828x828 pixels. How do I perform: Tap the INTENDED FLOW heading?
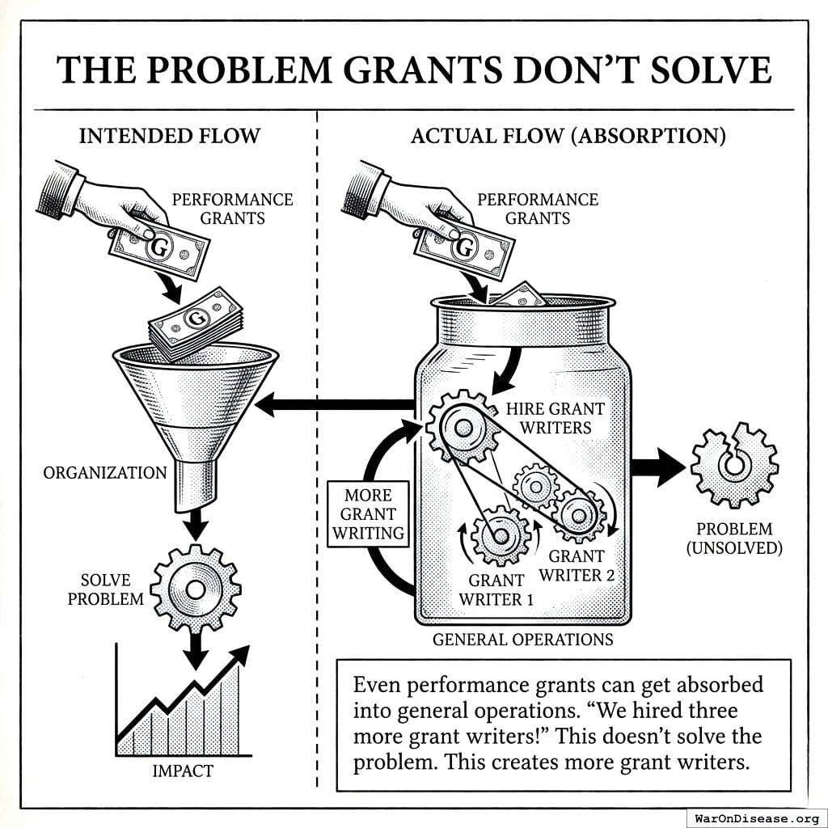pos(170,136)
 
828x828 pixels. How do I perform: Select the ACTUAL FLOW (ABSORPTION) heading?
pos(568,136)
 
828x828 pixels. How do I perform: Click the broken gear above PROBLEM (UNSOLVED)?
pos(735,467)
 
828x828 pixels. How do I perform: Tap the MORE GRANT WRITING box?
pos(368,513)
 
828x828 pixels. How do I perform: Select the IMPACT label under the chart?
pos(183,771)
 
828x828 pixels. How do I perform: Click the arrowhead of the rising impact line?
pos(240,655)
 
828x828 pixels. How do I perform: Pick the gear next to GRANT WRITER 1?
pos(500,534)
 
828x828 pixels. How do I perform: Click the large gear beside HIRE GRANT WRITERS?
pos(463,427)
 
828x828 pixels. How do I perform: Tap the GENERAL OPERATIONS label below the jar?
pos(523,640)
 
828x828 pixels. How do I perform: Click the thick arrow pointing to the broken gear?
pos(658,467)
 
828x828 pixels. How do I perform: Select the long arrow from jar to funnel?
pos(336,403)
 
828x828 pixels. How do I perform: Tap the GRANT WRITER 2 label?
pos(577,565)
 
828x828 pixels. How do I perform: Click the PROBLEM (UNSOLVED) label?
pos(734,539)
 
